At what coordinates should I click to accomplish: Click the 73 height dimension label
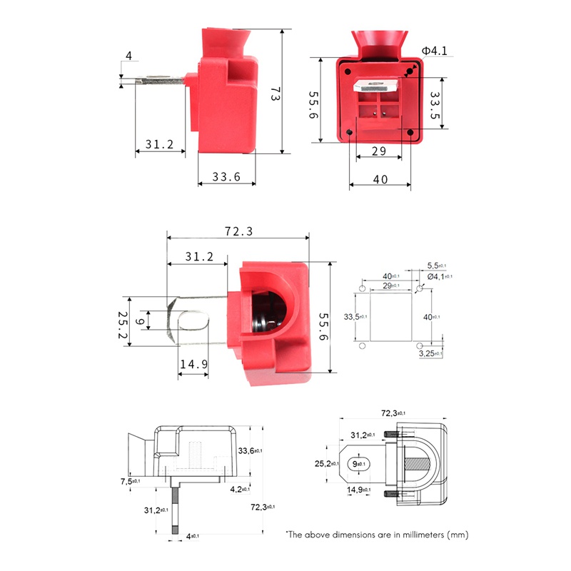pyautogui.click(x=274, y=94)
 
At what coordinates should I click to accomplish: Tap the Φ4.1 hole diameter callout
pyautogui.click(x=434, y=51)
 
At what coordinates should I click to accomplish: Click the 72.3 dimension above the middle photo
pyautogui.click(x=238, y=233)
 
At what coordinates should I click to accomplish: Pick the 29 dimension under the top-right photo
pyautogui.click(x=379, y=151)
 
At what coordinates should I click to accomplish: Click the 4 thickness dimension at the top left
pyautogui.click(x=128, y=56)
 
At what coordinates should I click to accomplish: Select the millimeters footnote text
pyautogui.click(x=376, y=534)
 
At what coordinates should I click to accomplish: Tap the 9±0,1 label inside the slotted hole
pyautogui.click(x=360, y=464)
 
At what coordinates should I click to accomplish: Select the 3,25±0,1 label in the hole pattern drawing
pyautogui.click(x=430, y=353)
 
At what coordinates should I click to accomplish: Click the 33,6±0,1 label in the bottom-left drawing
pyautogui.click(x=251, y=450)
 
